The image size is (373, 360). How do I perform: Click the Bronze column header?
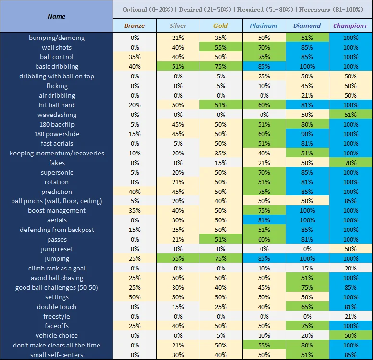coord(135,26)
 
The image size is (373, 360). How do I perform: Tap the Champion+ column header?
coord(350,26)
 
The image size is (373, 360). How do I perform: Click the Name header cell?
coord(57,16)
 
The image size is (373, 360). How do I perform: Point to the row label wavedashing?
coord(57,115)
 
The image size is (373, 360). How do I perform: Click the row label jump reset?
coord(57,249)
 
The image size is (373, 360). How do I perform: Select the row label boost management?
coord(57,210)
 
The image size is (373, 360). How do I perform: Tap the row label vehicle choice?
coord(57,335)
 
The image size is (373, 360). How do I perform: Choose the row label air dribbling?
coord(57,95)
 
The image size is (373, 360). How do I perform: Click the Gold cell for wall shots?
coord(221,47)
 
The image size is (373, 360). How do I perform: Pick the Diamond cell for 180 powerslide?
coord(307,134)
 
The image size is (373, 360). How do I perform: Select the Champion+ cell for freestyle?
coord(350,316)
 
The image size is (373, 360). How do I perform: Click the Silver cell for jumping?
coord(178,258)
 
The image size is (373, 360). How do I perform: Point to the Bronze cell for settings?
coord(135,297)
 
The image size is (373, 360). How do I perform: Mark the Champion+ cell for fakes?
coord(350,163)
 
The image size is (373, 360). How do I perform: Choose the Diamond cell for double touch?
coord(307,307)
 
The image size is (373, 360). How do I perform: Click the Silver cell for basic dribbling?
coord(178,66)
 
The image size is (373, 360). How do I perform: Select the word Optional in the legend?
coord(135,9)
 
